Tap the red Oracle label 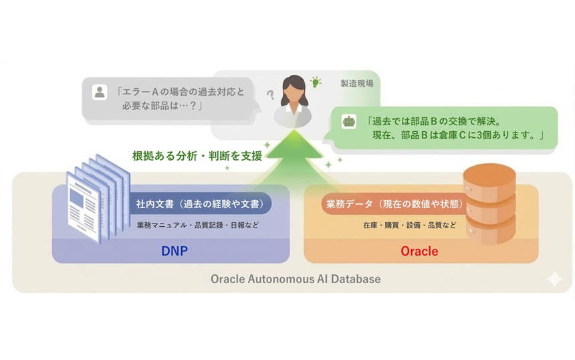tap(419, 252)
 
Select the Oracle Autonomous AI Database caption tap(296, 278)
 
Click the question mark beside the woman tap(271, 94)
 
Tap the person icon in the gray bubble tap(99, 92)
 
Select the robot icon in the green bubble tap(348, 122)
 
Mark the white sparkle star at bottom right tap(554, 279)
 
